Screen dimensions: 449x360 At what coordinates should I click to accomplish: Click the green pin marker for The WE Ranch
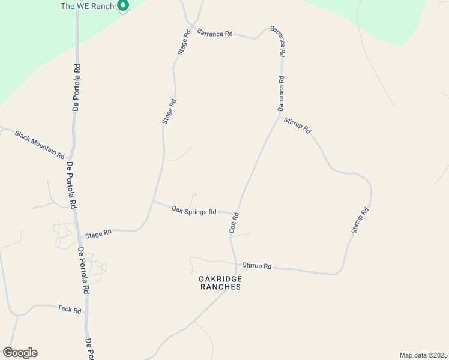[x=123, y=6]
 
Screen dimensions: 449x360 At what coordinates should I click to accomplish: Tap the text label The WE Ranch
[x=87, y=7]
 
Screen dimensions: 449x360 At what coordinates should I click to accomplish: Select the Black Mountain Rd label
[x=40, y=145]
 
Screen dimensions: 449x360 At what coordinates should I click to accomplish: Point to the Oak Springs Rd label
[x=194, y=211]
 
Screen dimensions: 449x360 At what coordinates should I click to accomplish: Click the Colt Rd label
[x=235, y=223]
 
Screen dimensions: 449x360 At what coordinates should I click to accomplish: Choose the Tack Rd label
[x=70, y=309]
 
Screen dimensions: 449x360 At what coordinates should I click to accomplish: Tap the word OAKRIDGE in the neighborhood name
[x=220, y=279]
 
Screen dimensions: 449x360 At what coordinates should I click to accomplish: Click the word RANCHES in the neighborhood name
[x=220, y=287]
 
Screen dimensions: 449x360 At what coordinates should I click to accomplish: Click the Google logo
[x=20, y=353]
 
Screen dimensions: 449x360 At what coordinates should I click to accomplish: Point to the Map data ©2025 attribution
[x=423, y=355]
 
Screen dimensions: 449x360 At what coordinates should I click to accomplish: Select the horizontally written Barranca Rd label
[x=214, y=34]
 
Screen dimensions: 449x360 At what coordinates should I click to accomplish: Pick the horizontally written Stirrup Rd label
[x=257, y=266]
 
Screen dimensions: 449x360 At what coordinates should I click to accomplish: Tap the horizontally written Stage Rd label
[x=98, y=233]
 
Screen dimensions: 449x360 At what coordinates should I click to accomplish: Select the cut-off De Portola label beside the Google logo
[x=90, y=349]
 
